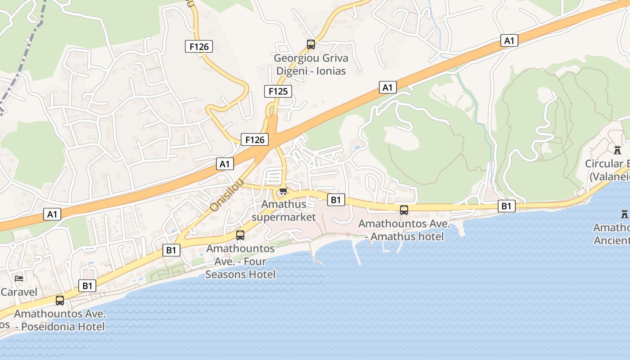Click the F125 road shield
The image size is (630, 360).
click(278, 91)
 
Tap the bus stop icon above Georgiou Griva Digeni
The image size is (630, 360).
click(311, 44)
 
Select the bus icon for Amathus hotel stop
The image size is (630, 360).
click(404, 210)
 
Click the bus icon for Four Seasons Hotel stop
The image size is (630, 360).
click(240, 235)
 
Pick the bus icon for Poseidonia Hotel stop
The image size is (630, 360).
click(60, 300)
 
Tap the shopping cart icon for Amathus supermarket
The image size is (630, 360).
click(283, 191)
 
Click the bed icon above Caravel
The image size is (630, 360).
click(19, 279)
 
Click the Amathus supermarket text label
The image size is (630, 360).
click(283, 211)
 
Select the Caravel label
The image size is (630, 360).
click(19, 292)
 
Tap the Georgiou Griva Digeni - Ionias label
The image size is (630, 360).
click(311, 64)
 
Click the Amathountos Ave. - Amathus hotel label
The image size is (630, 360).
click(404, 230)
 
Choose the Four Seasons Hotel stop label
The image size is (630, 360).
click(240, 261)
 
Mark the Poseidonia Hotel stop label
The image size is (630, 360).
click(60, 320)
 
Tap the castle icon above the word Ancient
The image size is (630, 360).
click(624, 214)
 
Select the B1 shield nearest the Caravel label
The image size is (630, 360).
click(87, 285)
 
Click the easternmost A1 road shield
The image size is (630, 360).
click(509, 40)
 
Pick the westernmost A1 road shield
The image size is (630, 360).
click(53, 214)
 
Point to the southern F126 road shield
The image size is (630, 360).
click(255, 139)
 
